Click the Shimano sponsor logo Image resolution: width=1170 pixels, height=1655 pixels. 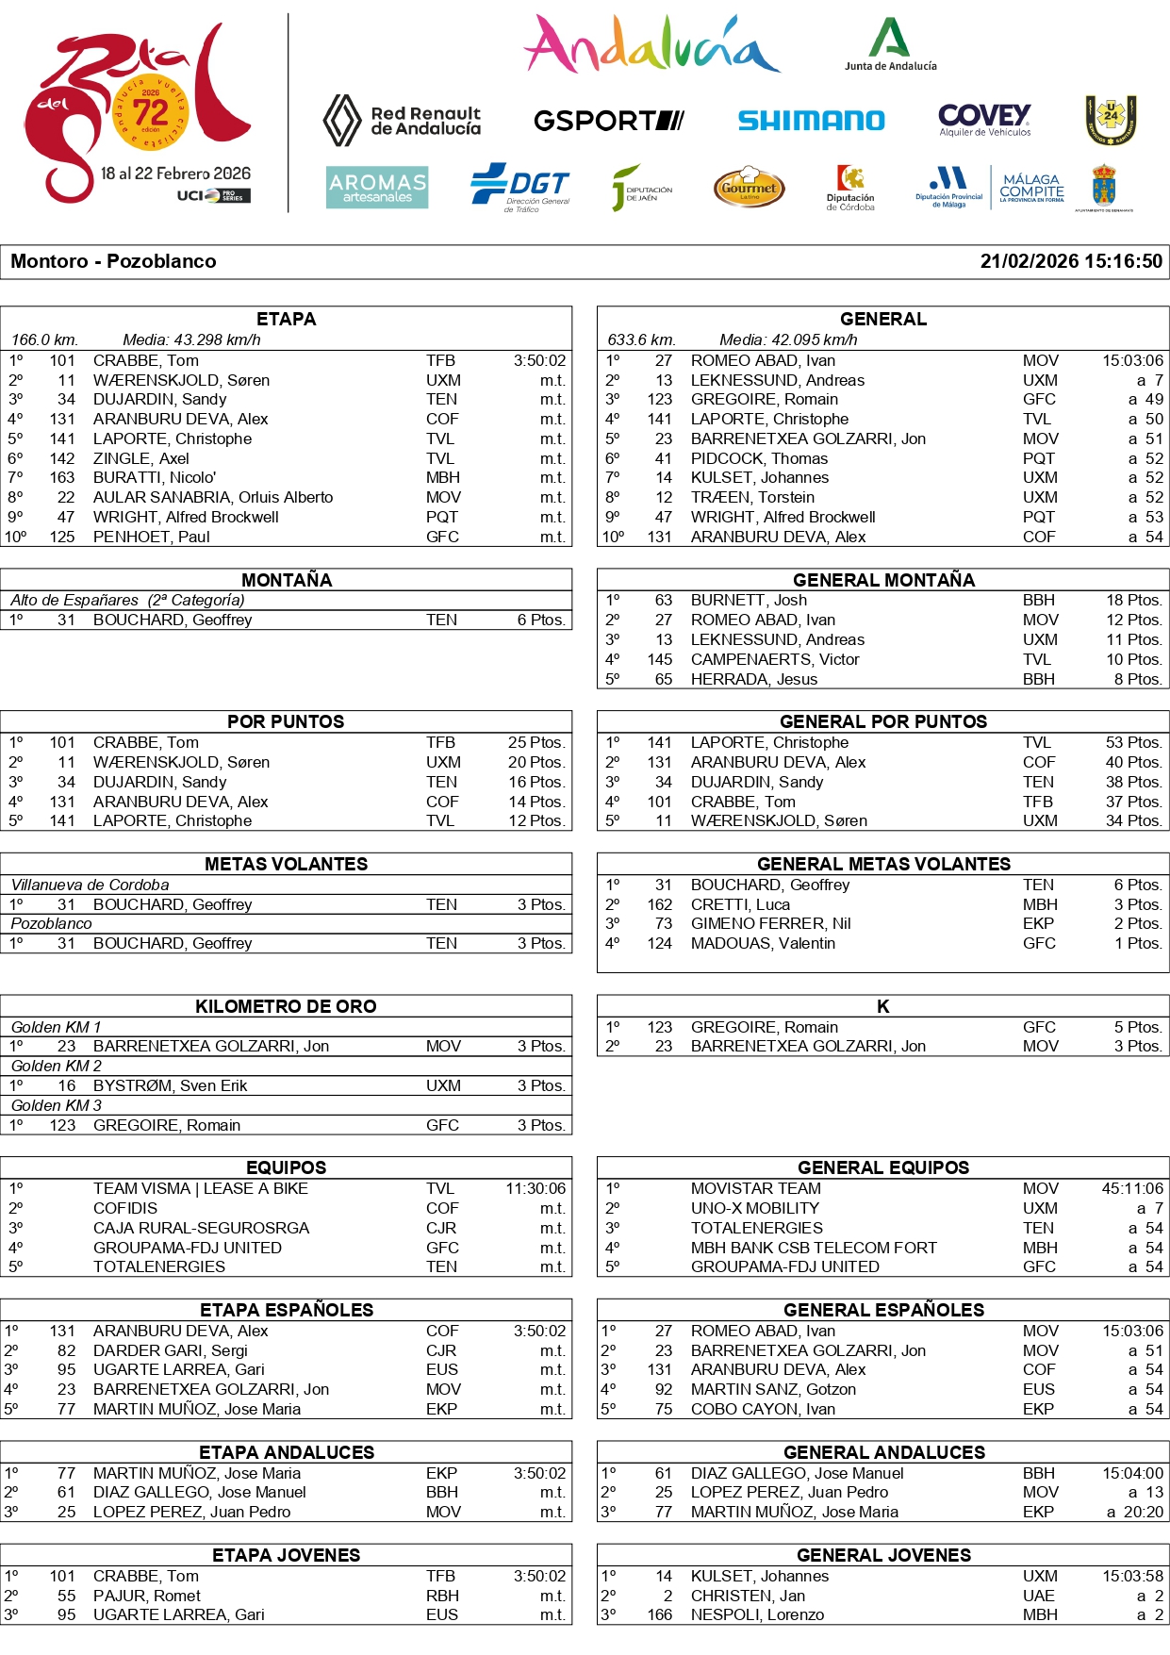(x=811, y=121)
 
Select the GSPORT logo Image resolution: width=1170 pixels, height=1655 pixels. (x=608, y=121)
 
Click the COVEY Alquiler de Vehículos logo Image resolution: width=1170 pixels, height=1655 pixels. (x=984, y=120)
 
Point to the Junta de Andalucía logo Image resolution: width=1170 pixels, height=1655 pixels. (x=890, y=44)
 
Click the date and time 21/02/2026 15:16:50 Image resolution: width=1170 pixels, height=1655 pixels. (x=1071, y=261)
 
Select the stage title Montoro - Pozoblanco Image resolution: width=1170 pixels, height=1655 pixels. (x=113, y=261)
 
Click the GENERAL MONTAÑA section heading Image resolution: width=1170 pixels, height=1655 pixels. (x=883, y=580)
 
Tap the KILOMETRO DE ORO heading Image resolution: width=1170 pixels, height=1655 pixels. (x=286, y=1006)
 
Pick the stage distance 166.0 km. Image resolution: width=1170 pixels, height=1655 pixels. (x=44, y=339)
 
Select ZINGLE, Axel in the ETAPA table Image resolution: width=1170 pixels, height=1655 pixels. (x=141, y=458)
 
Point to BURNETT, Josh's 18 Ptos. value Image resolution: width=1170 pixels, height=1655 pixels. (x=1134, y=600)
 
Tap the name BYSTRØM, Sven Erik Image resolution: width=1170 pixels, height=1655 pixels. (x=170, y=1085)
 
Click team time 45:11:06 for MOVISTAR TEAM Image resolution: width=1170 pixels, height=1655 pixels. (x=1132, y=1188)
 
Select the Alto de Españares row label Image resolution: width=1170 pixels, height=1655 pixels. (x=127, y=600)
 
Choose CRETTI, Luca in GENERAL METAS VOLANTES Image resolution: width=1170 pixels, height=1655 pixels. (x=740, y=904)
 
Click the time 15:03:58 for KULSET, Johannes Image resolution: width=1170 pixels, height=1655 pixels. (x=1132, y=1576)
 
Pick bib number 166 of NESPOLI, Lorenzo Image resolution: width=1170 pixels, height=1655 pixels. (x=659, y=1614)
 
